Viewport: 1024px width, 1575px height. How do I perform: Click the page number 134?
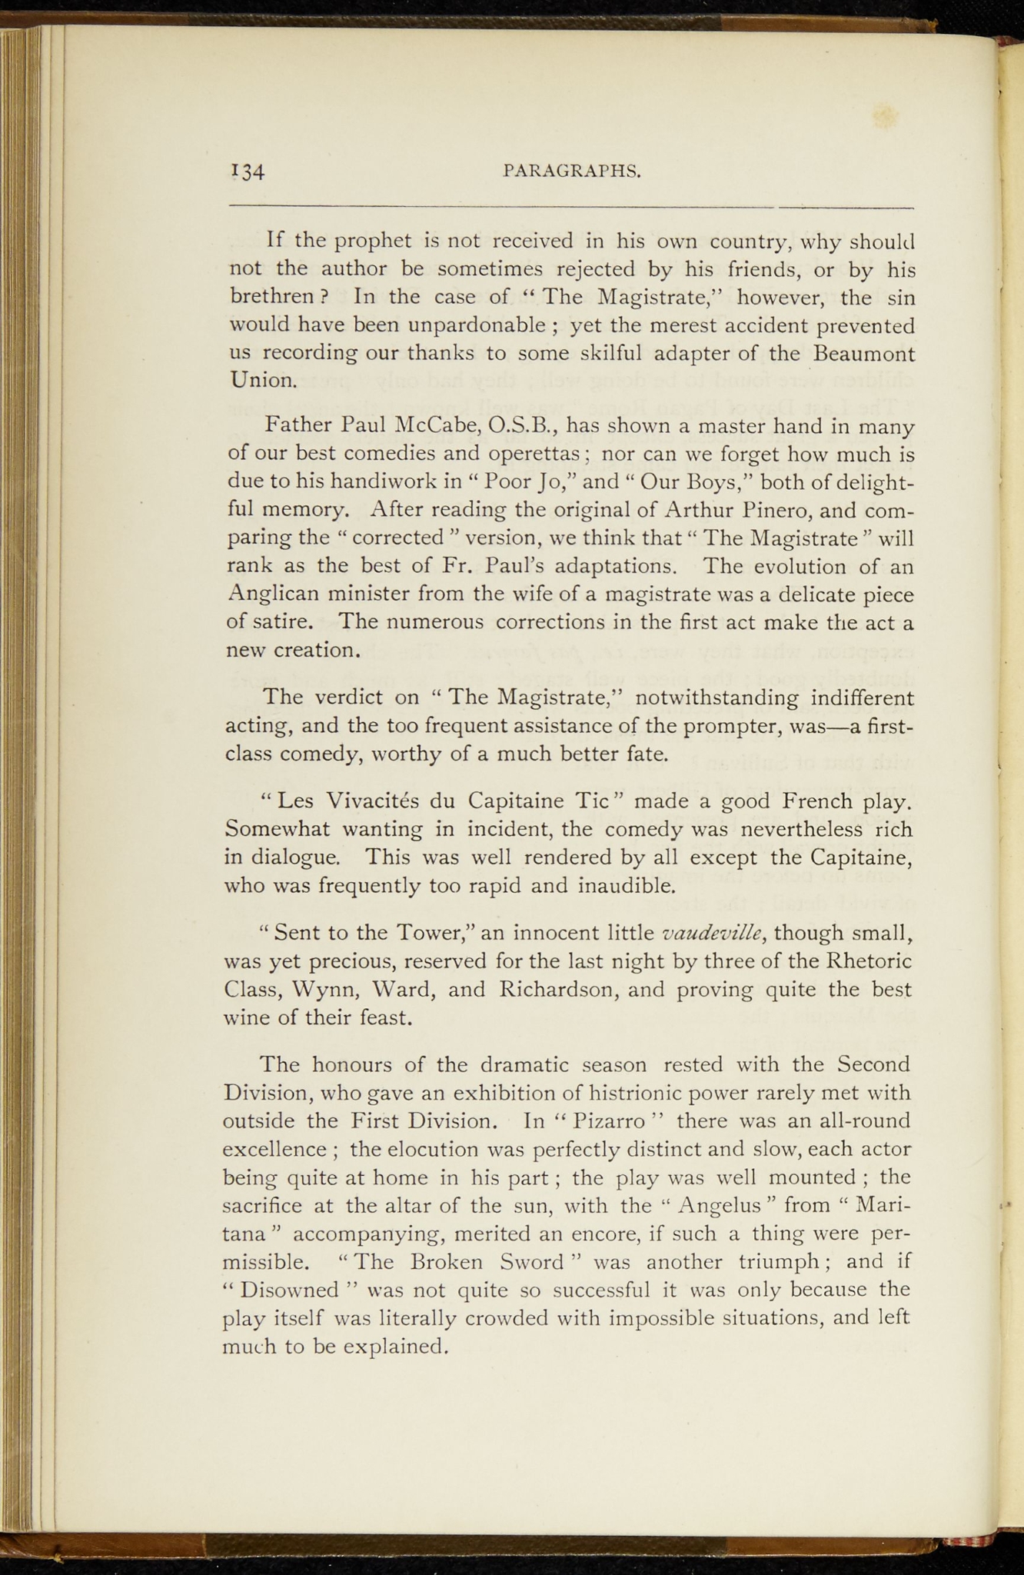[247, 171]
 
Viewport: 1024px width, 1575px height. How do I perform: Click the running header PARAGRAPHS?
[572, 171]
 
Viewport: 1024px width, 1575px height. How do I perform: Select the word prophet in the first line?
[372, 241]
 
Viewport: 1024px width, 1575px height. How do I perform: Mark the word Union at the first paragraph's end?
[261, 381]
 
